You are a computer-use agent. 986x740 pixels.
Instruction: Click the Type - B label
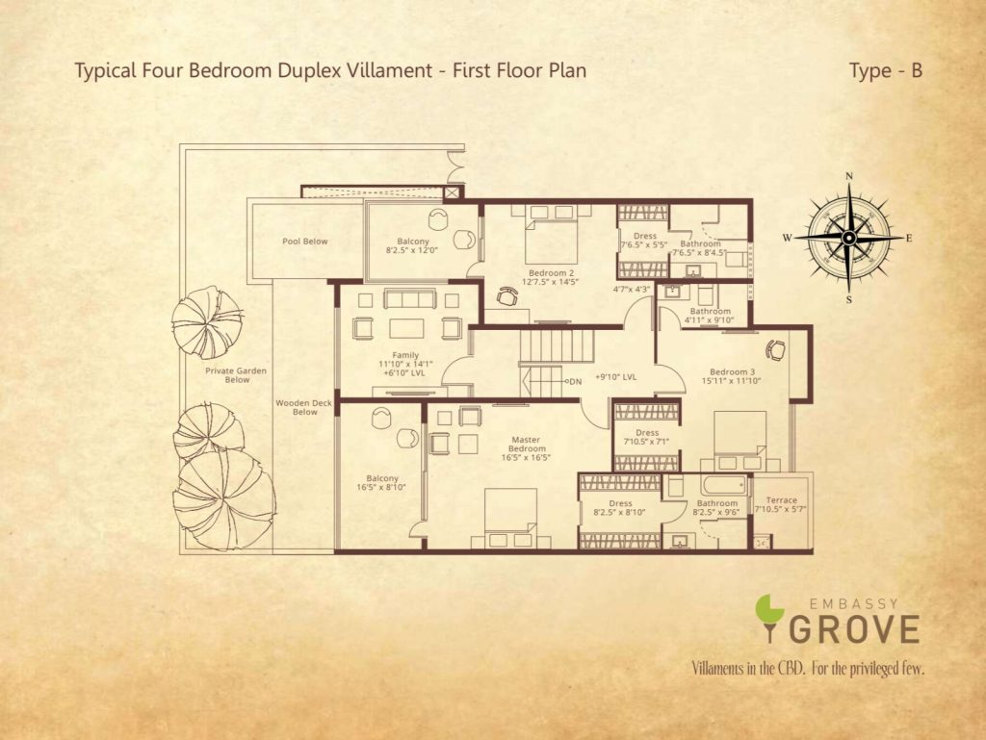(x=886, y=70)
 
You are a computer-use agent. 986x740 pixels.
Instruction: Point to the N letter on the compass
(x=849, y=176)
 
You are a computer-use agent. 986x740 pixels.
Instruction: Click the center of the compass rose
(x=848, y=238)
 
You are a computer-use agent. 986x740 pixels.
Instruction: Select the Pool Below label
(x=305, y=242)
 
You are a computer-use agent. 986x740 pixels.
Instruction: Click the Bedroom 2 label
(x=551, y=273)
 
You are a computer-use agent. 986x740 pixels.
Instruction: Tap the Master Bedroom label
(x=527, y=445)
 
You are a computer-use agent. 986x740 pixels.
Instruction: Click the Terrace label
(x=782, y=500)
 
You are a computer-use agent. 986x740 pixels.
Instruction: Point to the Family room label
(x=405, y=355)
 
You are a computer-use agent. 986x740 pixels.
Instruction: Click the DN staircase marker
(x=576, y=381)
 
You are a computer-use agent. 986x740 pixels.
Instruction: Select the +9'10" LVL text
(x=615, y=377)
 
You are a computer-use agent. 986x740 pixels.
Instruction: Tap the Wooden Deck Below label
(x=304, y=408)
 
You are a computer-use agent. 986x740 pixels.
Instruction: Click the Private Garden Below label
(x=236, y=375)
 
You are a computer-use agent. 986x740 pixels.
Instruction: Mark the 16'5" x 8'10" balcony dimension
(x=381, y=488)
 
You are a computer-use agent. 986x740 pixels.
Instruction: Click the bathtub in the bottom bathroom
(x=724, y=486)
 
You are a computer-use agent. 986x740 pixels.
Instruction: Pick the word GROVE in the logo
(x=853, y=629)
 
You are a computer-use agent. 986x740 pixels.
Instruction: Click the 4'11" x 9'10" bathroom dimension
(x=710, y=320)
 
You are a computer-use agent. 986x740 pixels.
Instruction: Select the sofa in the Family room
(x=410, y=298)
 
